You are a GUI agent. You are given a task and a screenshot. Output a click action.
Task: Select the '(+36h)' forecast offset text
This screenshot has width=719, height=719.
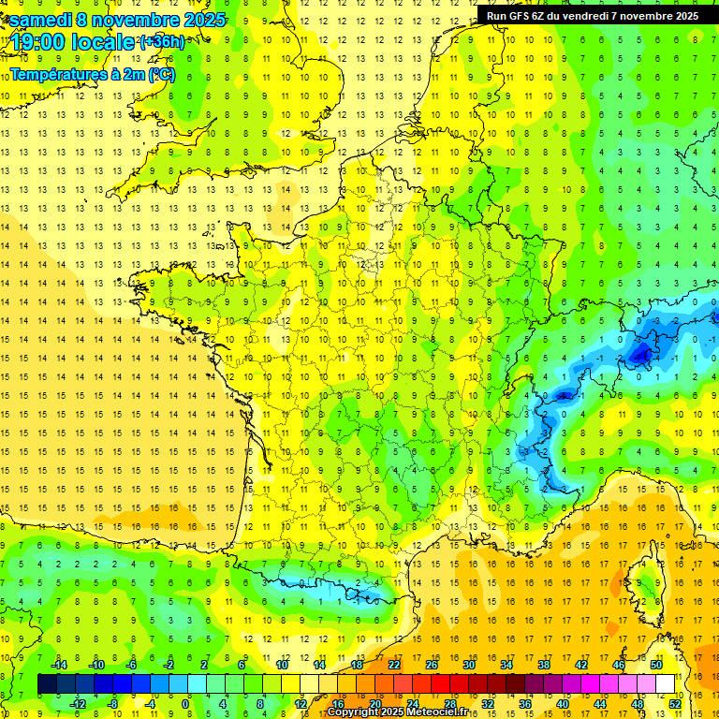[x=161, y=42]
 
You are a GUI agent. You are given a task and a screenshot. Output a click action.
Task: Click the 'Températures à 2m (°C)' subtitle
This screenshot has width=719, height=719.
[x=93, y=73]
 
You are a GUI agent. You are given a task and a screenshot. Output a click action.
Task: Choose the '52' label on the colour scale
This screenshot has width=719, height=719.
[x=675, y=704]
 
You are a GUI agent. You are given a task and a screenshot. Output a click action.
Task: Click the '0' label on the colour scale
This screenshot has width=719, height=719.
[x=185, y=704]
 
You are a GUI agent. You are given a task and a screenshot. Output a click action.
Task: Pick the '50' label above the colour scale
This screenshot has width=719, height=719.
[x=655, y=664]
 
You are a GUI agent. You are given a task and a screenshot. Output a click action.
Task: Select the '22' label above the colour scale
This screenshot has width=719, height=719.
[x=394, y=664]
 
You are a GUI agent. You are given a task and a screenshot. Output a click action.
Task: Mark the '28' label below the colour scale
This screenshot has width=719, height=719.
[x=449, y=704]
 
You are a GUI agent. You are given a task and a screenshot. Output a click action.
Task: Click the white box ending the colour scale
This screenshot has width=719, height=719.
[x=666, y=684]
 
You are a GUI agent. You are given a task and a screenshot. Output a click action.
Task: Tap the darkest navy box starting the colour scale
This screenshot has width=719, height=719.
[x=47, y=684]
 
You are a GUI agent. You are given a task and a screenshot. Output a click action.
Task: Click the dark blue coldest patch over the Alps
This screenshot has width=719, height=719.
[x=641, y=354]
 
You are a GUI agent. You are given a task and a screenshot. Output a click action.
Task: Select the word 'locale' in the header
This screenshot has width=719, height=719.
[x=102, y=43]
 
